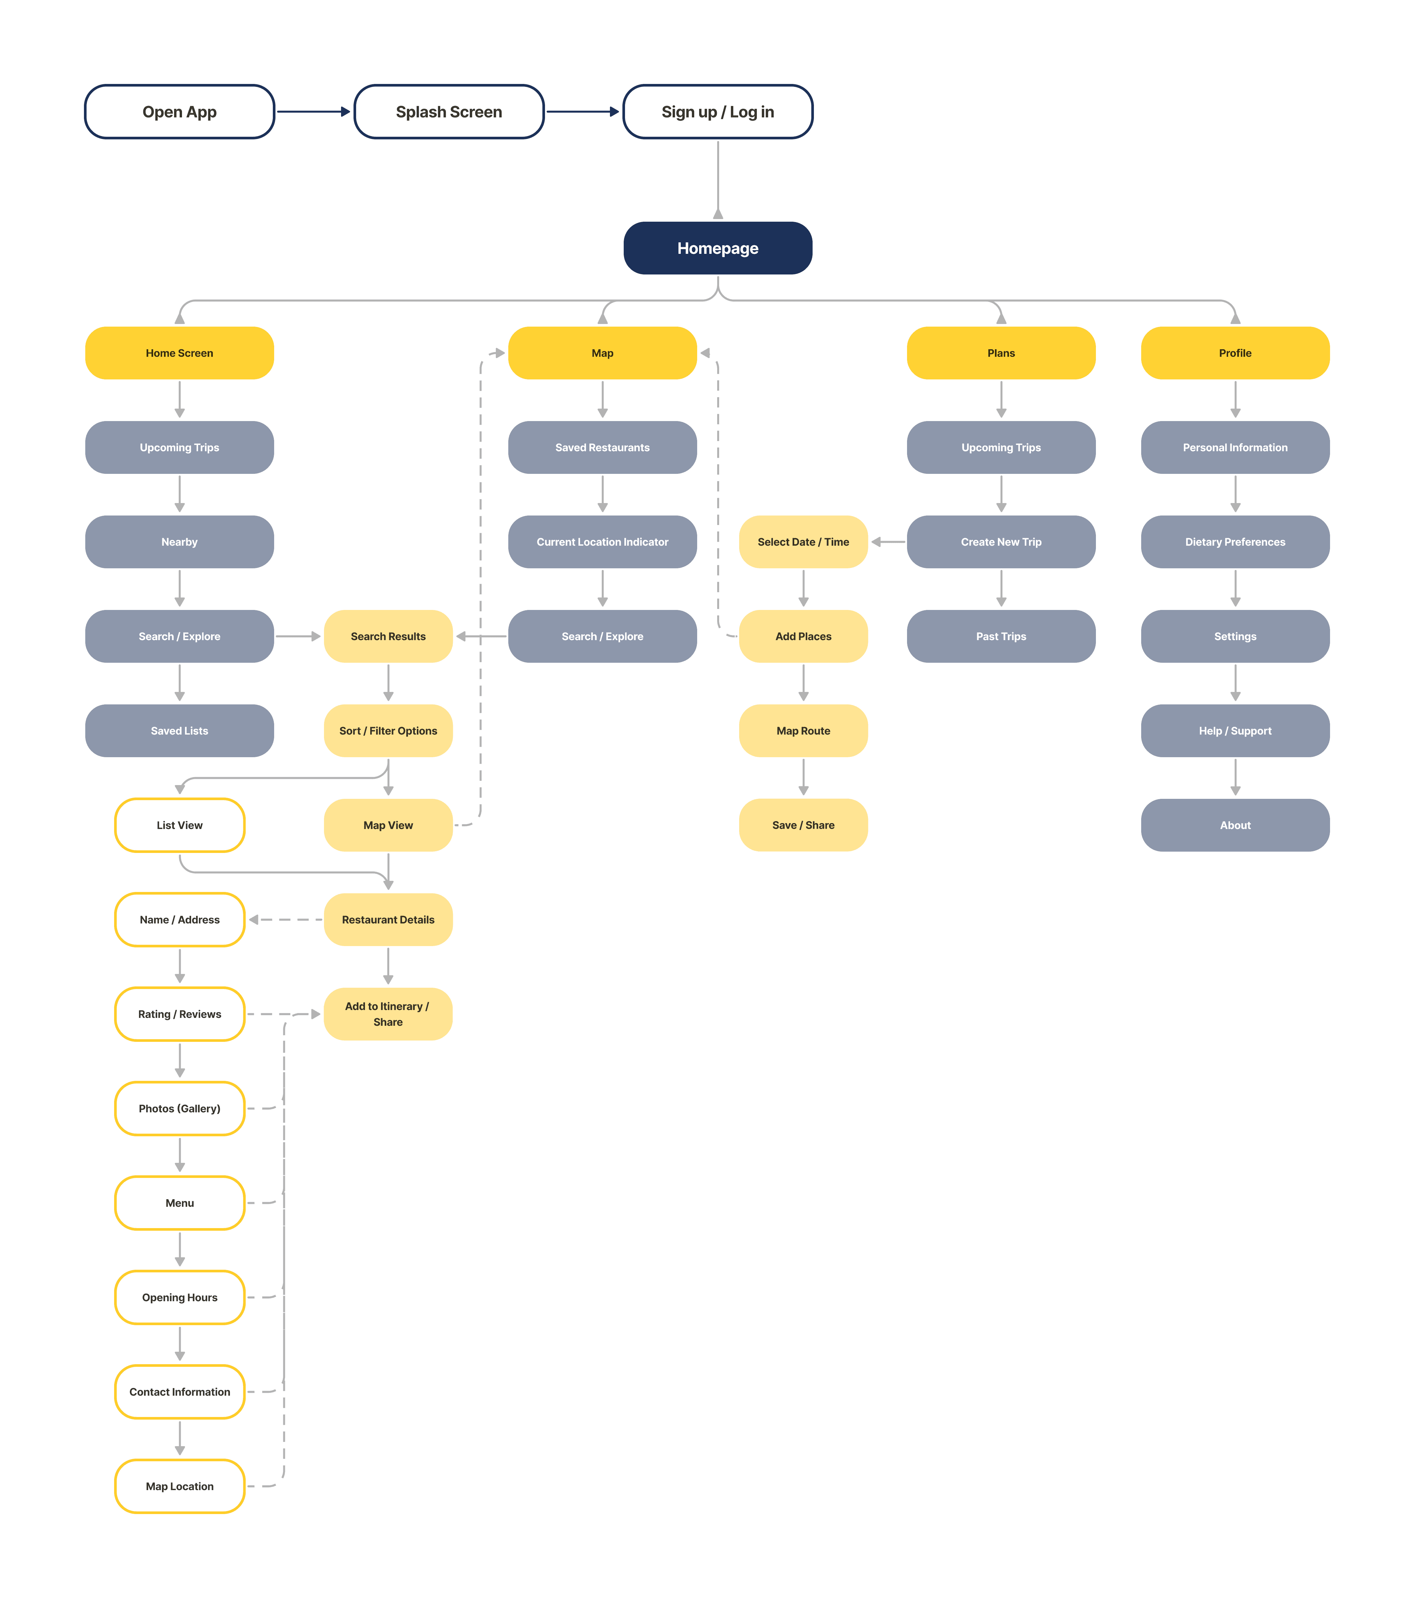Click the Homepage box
pyautogui.click(x=717, y=248)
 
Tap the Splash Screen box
pyautogui.click(x=449, y=112)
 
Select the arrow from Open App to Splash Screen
pyautogui.click(x=313, y=112)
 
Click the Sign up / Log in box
pyautogui.click(x=717, y=112)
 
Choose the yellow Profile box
pyautogui.click(x=1235, y=353)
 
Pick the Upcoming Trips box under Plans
pyautogui.click(x=1000, y=447)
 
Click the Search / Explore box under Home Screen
pyautogui.click(x=179, y=637)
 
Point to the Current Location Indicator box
pyautogui.click(x=602, y=542)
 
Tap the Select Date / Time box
pyautogui.click(x=803, y=542)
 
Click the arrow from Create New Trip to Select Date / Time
pyautogui.click(x=888, y=542)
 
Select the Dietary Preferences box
pyautogui.click(x=1235, y=542)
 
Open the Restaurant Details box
pyautogui.click(x=388, y=920)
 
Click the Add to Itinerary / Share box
pyautogui.click(x=388, y=1014)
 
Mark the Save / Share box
pyautogui.click(x=803, y=825)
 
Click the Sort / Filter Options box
pyautogui.click(x=388, y=731)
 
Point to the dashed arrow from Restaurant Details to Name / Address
pyautogui.click(x=285, y=920)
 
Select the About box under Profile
pyautogui.click(x=1235, y=825)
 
